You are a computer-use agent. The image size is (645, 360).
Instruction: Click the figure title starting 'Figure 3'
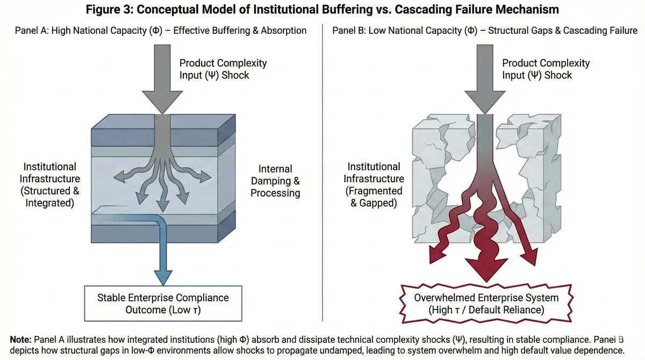tap(322, 10)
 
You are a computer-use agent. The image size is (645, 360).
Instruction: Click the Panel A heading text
tap(161, 31)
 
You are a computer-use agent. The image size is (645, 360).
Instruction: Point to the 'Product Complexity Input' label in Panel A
tap(223, 69)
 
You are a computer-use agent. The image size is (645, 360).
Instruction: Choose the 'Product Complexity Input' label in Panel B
tap(546, 69)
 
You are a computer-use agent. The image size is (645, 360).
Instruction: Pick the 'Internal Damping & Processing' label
tap(275, 181)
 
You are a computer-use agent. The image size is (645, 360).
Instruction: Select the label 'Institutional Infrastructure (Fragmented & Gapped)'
tap(373, 185)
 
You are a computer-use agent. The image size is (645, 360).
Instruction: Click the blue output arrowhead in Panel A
tap(162, 277)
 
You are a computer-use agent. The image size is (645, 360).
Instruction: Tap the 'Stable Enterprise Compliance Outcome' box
tap(163, 304)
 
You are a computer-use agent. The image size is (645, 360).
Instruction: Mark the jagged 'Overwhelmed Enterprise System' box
tap(486, 304)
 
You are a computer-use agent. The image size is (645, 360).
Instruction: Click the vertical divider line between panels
tap(322, 172)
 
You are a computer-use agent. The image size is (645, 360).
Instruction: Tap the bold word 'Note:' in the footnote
tap(21, 339)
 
